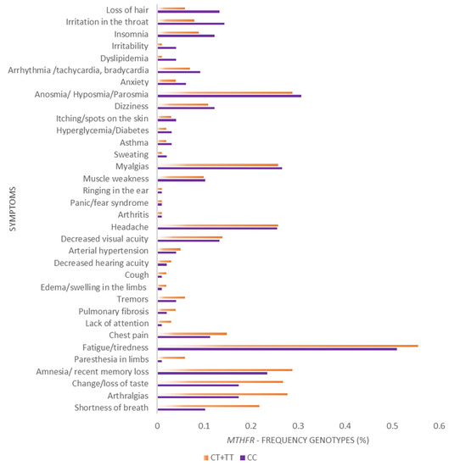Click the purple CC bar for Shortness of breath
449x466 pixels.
[x=182, y=409]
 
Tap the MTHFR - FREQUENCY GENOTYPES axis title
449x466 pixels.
[x=295, y=442]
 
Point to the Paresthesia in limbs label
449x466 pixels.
[x=109, y=359]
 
